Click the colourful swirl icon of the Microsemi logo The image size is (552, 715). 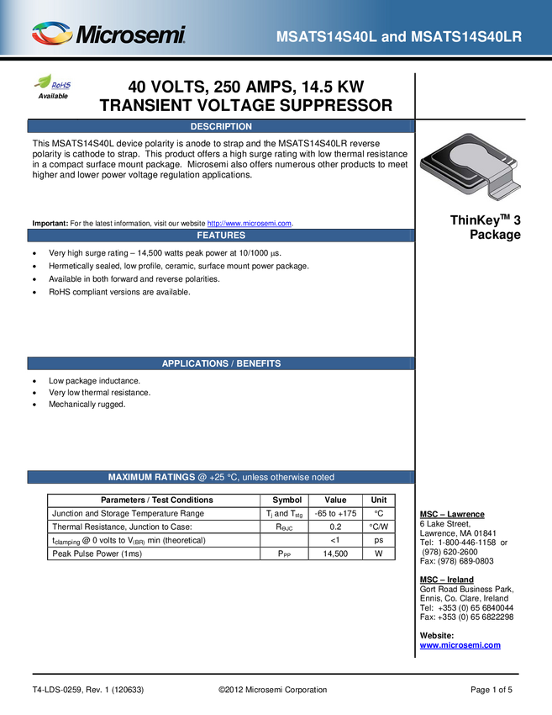tap(52, 34)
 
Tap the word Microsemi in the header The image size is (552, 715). tap(130, 36)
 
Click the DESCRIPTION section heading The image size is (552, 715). tap(221, 127)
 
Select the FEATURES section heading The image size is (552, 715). tap(221, 236)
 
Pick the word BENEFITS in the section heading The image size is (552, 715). tap(258, 363)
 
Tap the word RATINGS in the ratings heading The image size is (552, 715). tap(181, 477)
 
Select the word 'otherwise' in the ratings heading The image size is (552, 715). tap(287, 477)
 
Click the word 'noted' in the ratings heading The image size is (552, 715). tap(323, 477)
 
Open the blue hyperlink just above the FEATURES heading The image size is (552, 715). tap(250, 223)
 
